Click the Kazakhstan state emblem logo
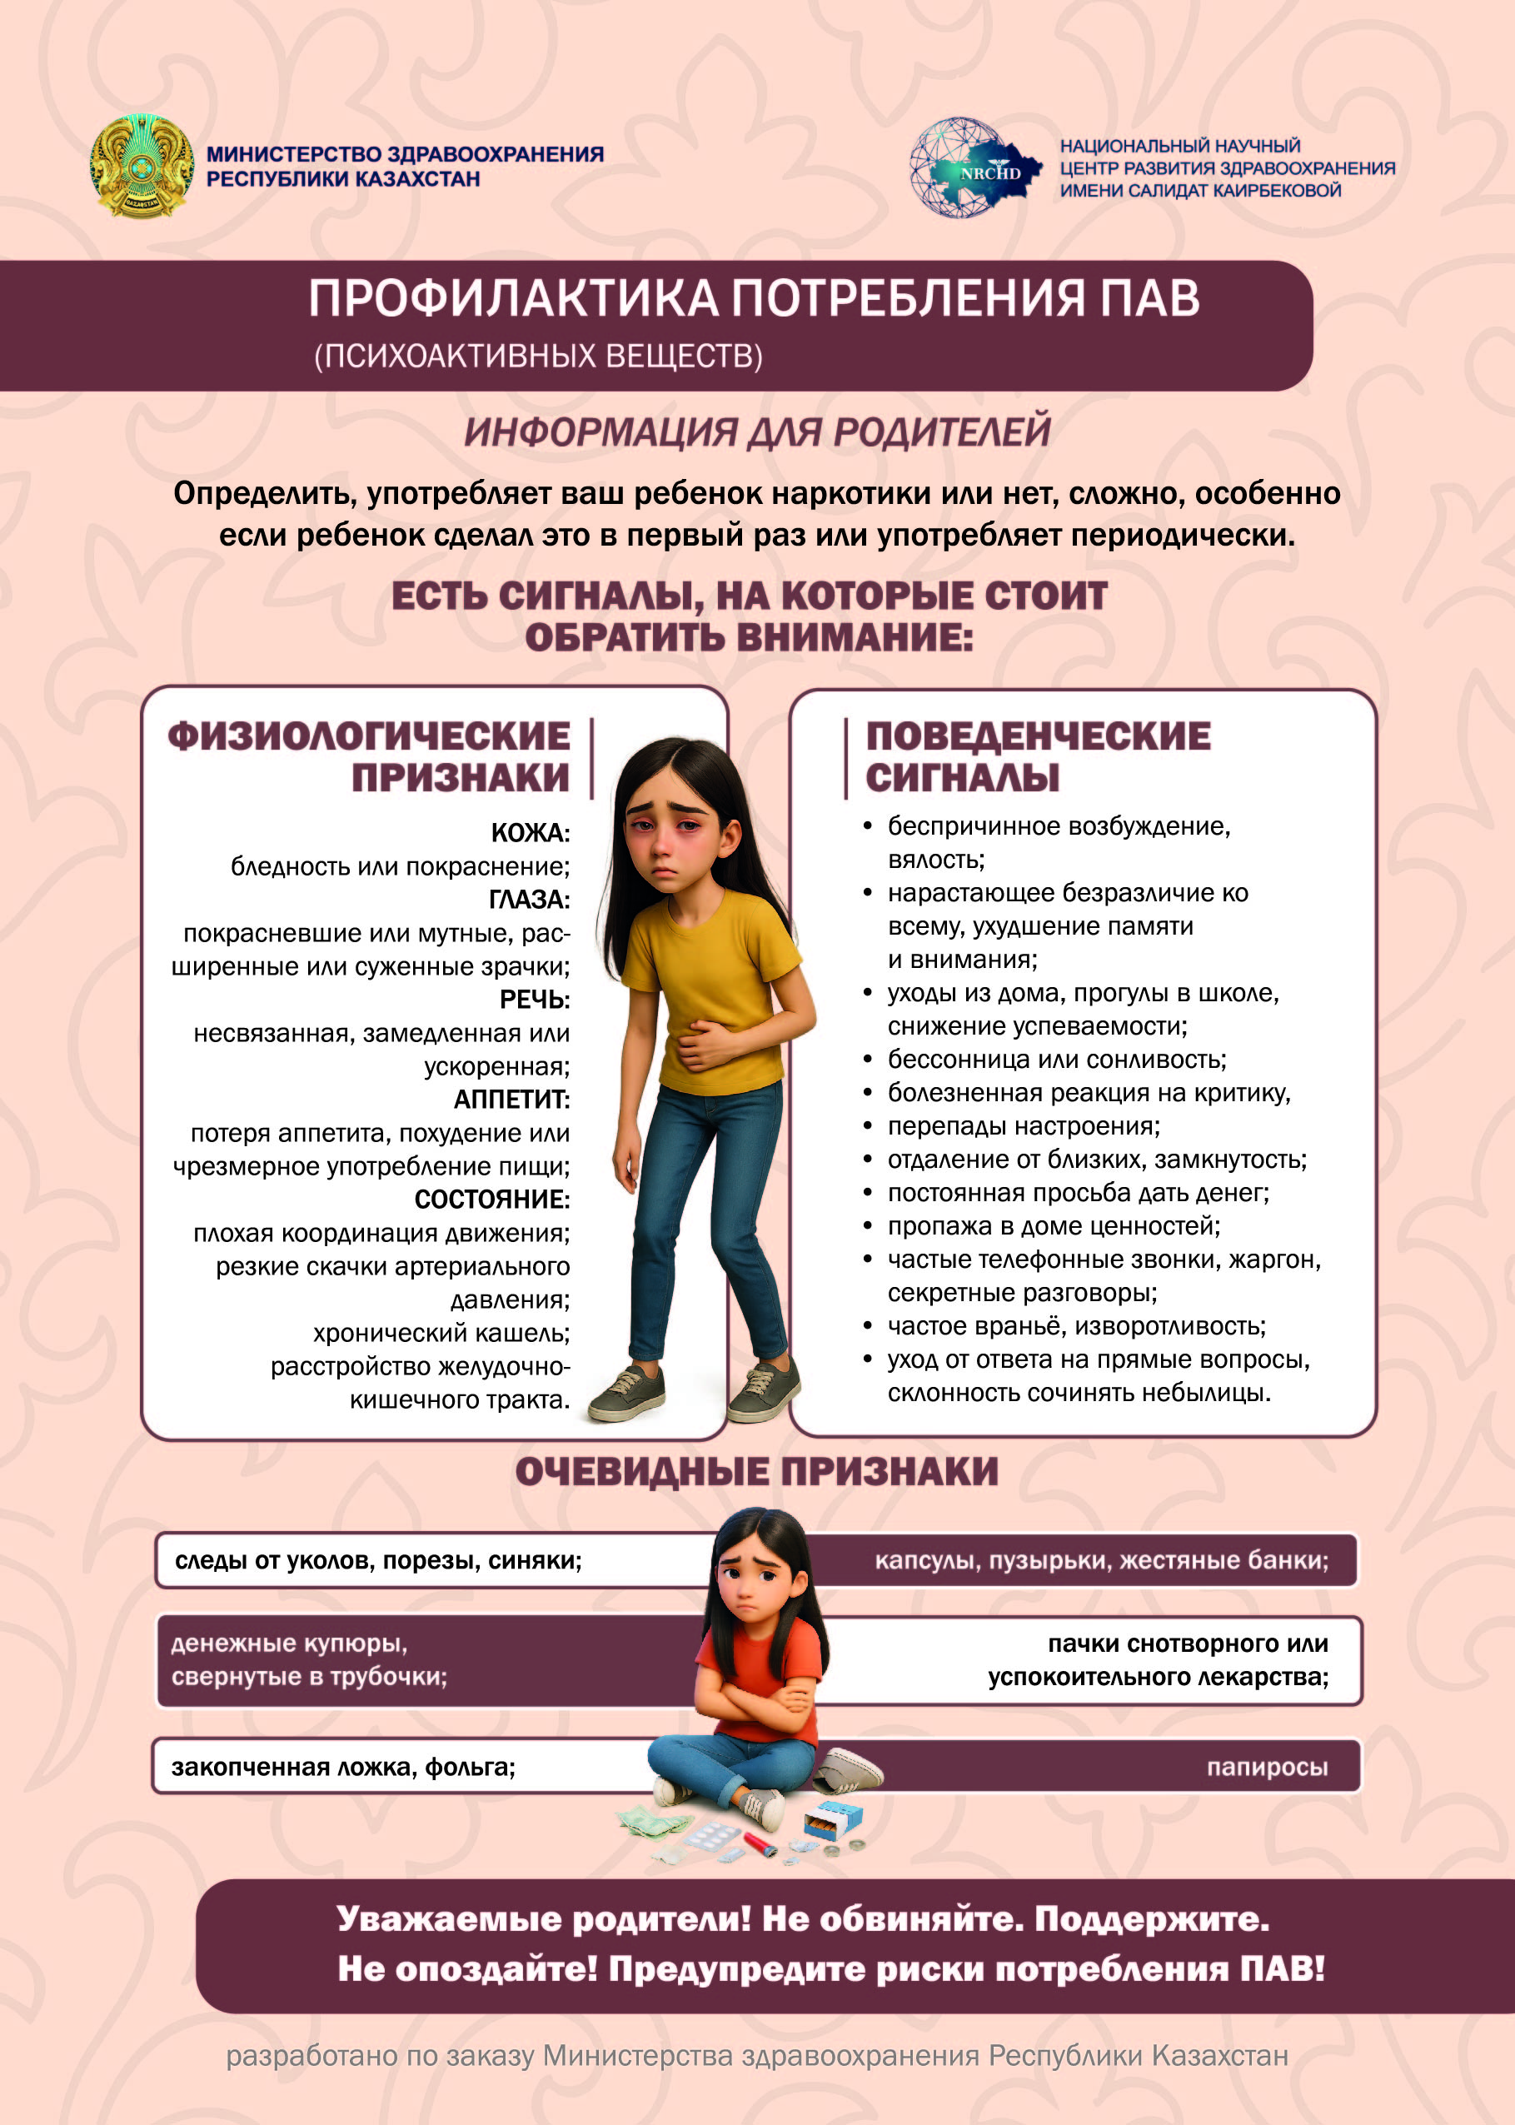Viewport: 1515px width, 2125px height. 142,166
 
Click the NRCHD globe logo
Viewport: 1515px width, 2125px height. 973,168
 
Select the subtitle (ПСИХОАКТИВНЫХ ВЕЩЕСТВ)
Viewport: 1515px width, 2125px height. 538,357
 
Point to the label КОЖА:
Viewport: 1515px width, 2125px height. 530,833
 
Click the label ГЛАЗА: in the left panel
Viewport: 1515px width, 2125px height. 528,900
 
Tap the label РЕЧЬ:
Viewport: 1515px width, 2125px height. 534,999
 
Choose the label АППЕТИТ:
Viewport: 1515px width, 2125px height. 511,1099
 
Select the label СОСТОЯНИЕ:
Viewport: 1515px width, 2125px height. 491,1199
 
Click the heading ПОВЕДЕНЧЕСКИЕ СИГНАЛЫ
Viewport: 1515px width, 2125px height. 1038,756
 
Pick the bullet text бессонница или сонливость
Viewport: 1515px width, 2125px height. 1056,1060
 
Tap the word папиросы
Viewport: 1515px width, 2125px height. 1267,1767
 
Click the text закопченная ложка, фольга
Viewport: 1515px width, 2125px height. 343,1767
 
